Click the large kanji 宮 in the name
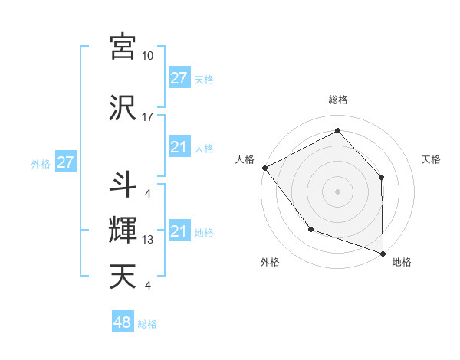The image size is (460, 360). tap(123, 47)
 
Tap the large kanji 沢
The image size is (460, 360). tap(123, 108)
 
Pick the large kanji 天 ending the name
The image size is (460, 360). tap(123, 277)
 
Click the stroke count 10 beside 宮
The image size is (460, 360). tap(148, 56)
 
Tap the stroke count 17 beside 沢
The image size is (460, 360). tap(148, 117)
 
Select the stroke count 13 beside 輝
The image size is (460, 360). tap(148, 240)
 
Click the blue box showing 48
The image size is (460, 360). tap(122, 322)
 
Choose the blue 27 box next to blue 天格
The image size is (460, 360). tap(179, 77)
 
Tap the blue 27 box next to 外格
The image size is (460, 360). tap(65, 162)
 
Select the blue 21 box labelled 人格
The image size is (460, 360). tap(179, 147)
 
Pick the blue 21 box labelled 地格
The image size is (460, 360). tap(179, 231)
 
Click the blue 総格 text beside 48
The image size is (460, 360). tap(147, 324)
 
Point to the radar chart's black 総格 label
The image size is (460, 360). tap(337, 100)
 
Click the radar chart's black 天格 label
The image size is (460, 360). tap(432, 159)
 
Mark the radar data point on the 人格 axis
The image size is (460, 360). tap(264, 168)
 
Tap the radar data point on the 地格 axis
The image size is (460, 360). tap(383, 253)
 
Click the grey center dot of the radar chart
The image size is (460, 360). tap(337, 191)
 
